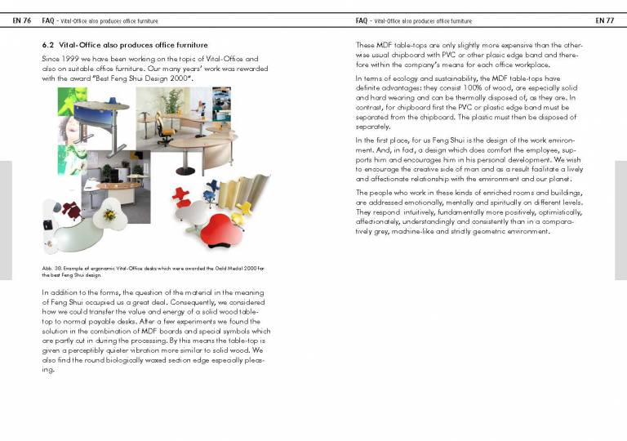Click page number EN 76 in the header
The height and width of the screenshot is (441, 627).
21,20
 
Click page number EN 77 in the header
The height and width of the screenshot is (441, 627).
604,20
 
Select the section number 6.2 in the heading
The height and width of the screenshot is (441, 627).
47,45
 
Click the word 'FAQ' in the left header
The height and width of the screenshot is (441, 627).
48,20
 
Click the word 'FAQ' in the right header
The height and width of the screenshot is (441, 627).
362,20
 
